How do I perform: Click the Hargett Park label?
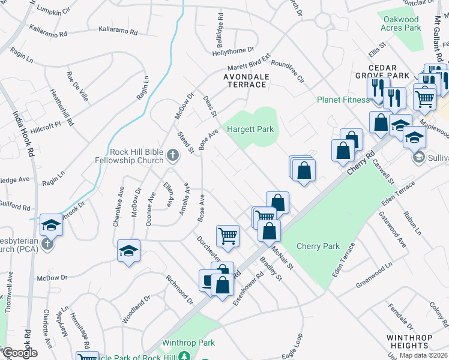pyautogui.click(x=250, y=129)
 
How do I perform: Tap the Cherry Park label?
pyautogui.click(x=318, y=246)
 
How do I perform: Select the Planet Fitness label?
pyautogui.click(x=343, y=100)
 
